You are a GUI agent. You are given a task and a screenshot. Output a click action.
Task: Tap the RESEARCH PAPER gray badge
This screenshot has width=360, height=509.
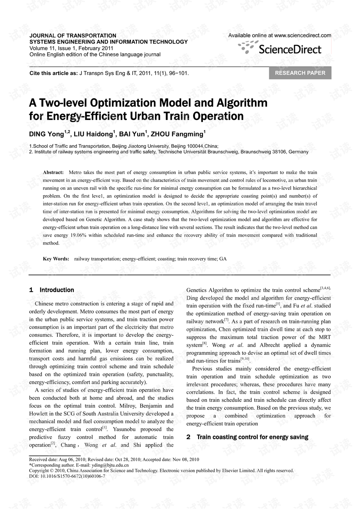pyautogui.click(x=300, y=73)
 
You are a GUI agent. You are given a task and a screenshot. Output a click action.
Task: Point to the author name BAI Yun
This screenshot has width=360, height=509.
pyautogui.click(x=131, y=134)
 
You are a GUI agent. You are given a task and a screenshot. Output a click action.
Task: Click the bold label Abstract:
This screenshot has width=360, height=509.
pyautogui.click(x=53, y=173)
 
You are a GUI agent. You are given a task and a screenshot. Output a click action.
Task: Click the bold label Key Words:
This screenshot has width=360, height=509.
pyautogui.click(x=56, y=259)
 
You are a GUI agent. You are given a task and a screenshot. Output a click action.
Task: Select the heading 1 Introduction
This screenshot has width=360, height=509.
pyautogui.click(x=52, y=290)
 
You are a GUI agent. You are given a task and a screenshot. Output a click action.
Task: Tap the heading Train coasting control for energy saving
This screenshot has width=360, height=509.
pyautogui.click(x=252, y=437)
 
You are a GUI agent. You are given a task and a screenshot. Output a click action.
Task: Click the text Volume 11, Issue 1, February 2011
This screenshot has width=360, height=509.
pyautogui.click(x=71, y=48)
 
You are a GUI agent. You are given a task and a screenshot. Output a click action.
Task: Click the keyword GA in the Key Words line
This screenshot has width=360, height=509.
pyautogui.click(x=223, y=259)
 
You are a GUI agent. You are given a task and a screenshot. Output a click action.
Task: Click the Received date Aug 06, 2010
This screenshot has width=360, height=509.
pyautogui.click(x=75, y=459)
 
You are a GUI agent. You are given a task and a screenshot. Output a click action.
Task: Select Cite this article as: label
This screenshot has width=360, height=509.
pyautogui.click(x=54, y=73)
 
